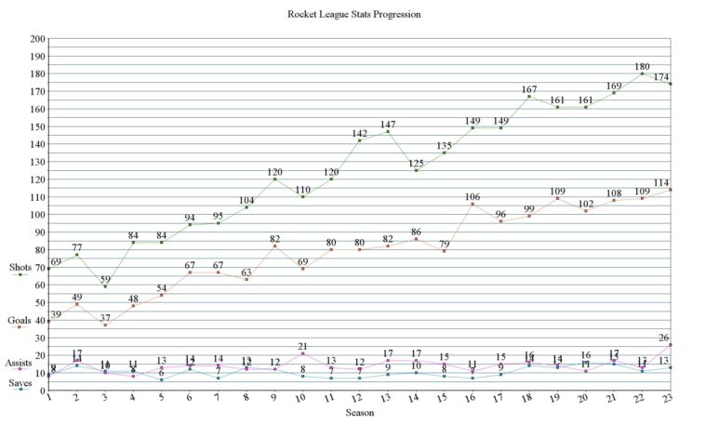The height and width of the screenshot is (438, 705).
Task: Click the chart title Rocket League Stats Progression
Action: click(x=353, y=15)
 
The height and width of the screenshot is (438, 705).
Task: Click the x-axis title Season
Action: click(x=360, y=411)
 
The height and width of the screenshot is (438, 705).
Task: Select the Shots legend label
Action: click(x=20, y=268)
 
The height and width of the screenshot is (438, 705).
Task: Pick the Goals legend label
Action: click(x=20, y=320)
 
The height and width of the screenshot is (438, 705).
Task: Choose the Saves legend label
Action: click(x=20, y=383)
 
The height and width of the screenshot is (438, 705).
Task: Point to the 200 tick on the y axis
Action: click(x=37, y=39)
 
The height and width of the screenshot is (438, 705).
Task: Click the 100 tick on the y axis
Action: click(x=37, y=215)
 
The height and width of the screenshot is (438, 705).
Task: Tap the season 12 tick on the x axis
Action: click(x=360, y=397)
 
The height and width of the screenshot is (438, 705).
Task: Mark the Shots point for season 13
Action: click(x=388, y=132)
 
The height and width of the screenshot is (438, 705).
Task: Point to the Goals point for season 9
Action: click(x=274, y=246)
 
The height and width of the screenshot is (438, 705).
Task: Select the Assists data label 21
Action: click(x=303, y=347)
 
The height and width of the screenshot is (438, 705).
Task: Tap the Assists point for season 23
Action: click(x=672, y=345)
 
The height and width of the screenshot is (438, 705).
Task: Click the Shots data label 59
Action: click(x=105, y=279)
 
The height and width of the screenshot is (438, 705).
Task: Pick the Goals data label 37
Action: click(x=105, y=318)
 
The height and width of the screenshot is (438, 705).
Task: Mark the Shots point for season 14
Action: click(x=417, y=170)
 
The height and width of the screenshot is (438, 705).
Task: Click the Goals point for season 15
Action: click(x=445, y=251)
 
